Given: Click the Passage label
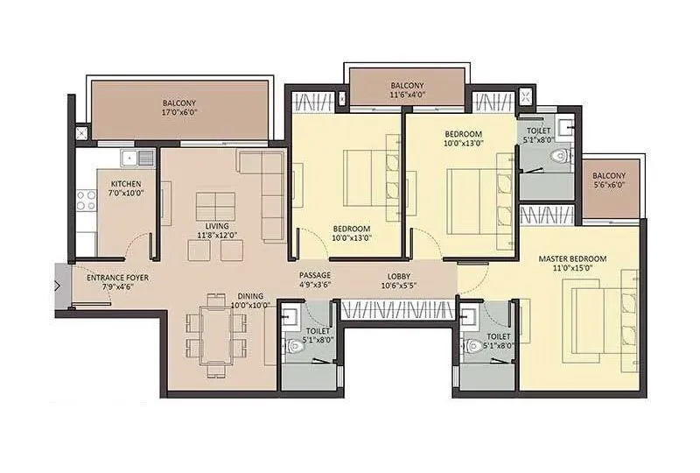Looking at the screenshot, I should (314, 276).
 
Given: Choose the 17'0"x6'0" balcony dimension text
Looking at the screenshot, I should (178, 112).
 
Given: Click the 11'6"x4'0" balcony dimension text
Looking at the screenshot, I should (407, 95).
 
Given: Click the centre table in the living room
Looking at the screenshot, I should (212, 206).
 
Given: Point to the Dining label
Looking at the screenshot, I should (249, 296).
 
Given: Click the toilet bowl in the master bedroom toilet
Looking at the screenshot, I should (473, 343).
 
